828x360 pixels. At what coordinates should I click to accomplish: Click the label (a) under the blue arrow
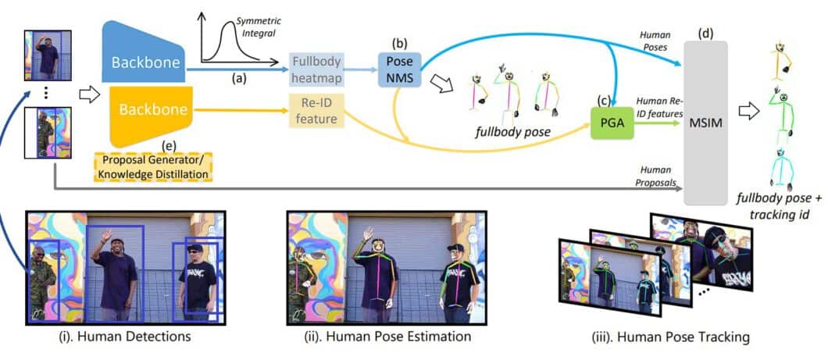point(237,79)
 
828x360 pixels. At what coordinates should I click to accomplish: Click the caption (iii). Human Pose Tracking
point(671,338)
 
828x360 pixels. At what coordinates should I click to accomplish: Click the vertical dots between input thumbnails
point(46,93)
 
